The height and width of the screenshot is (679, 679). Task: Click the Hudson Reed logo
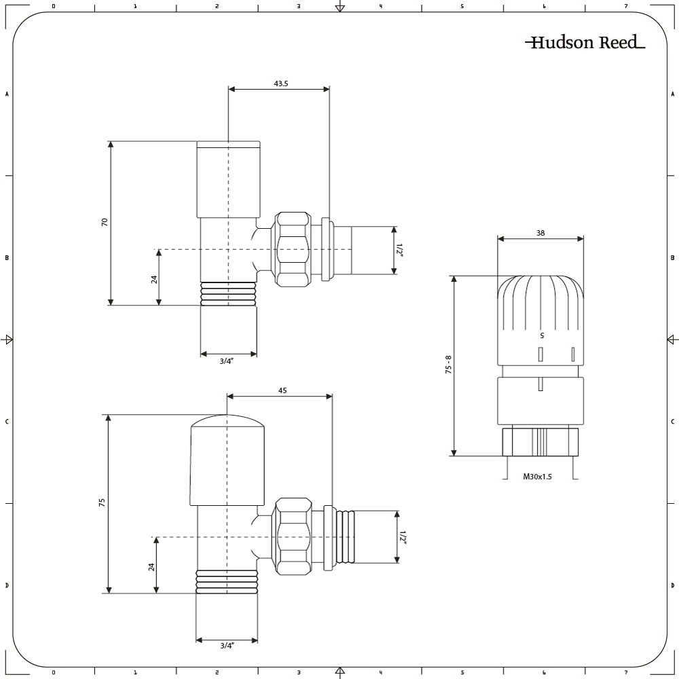click(x=585, y=42)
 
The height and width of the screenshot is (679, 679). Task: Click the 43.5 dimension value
click(x=280, y=84)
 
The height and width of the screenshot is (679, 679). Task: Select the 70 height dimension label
click(x=105, y=222)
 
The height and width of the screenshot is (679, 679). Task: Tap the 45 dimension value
click(x=282, y=390)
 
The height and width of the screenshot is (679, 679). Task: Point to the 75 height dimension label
click(x=102, y=502)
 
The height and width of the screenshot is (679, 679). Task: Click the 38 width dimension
click(x=540, y=233)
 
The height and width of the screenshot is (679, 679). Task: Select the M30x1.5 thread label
click(x=537, y=477)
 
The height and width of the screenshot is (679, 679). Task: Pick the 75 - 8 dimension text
click(x=448, y=365)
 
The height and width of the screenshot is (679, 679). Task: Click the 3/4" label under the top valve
click(x=226, y=361)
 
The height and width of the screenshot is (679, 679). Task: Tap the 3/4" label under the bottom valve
click(x=227, y=646)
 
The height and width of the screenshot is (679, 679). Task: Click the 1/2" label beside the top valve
click(x=400, y=251)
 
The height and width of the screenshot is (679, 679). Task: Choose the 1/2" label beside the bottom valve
click(x=403, y=537)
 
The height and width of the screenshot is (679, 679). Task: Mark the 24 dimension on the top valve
click(x=154, y=279)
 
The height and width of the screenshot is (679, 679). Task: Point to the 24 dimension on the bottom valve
click(x=151, y=567)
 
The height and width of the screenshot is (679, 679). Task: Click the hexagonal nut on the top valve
click(x=293, y=249)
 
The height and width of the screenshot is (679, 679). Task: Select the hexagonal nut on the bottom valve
click(x=293, y=536)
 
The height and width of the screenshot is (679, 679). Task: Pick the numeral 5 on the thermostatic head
click(x=542, y=335)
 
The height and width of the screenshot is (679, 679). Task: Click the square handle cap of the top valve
click(x=229, y=179)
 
